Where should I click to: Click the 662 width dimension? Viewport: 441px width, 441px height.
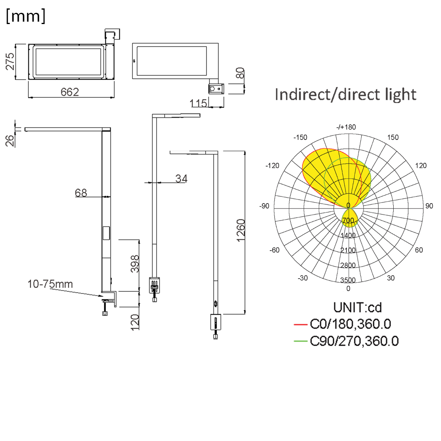click(x=70, y=92)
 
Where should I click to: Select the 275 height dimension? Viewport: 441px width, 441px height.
click(x=10, y=61)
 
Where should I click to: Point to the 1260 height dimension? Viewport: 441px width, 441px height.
click(x=241, y=230)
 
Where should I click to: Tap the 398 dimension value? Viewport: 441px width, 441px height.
click(x=135, y=264)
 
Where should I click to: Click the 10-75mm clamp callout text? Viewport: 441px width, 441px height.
click(x=50, y=284)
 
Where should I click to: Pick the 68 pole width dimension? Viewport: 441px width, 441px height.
click(x=81, y=193)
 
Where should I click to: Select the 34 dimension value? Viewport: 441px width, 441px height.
click(x=181, y=178)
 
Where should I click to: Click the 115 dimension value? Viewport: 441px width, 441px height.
click(x=198, y=103)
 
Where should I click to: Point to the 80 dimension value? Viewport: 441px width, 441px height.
click(x=240, y=73)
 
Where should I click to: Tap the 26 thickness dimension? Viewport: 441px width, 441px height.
click(x=10, y=140)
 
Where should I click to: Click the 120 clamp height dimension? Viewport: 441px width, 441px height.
click(x=135, y=322)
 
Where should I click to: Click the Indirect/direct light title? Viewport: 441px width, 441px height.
click(x=346, y=95)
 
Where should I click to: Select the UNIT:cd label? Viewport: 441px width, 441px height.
click(x=358, y=307)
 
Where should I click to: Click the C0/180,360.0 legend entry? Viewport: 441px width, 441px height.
click(x=350, y=324)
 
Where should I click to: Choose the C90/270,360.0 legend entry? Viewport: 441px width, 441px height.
click(x=354, y=341)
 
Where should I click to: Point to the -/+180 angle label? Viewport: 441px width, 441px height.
click(x=346, y=127)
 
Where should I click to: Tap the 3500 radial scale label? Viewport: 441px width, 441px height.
click(x=348, y=280)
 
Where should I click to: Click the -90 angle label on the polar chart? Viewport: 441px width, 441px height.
click(x=264, y=206)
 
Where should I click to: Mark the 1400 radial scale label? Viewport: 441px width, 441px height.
click(x=348, y=235)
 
